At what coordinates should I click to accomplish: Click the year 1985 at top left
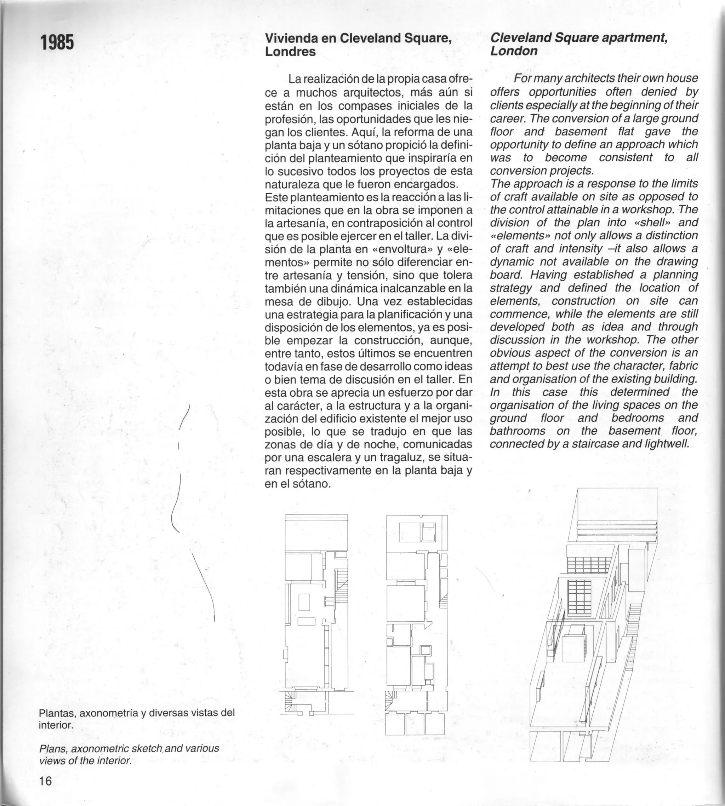click(57, 42)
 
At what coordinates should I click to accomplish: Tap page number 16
click(45, 781)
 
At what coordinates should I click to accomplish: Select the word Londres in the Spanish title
click(290, 52)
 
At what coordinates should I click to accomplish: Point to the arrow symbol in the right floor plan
click(427, 624)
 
